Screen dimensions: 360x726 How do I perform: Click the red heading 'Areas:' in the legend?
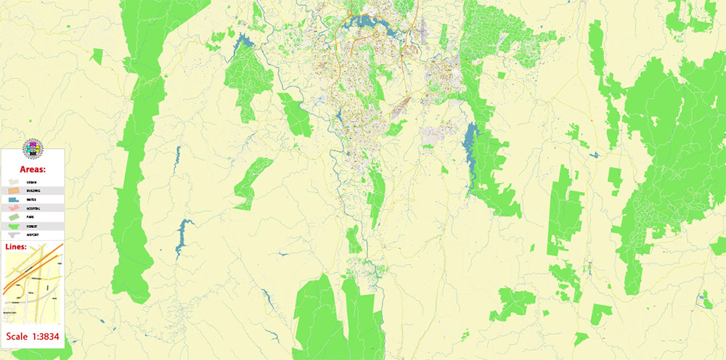click(x=33, y=169)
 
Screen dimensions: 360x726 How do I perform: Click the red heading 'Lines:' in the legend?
click(x=16, y=247)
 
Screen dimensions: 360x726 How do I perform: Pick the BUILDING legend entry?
click(x=32, y=191)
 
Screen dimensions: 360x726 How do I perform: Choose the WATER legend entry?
click(x=32, y=200)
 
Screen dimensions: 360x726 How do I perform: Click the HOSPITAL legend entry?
click(x=32, y=208)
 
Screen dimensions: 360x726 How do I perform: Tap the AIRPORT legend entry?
click(x=32, y=235)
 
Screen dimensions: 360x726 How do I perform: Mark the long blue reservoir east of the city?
click(x=470, y=142)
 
